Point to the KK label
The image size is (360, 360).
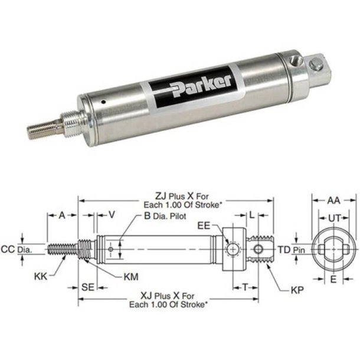coord(41,275)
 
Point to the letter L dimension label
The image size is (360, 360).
coord(251,215)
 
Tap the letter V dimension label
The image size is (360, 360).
coord(111,215)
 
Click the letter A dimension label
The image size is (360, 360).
coord(61,215)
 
